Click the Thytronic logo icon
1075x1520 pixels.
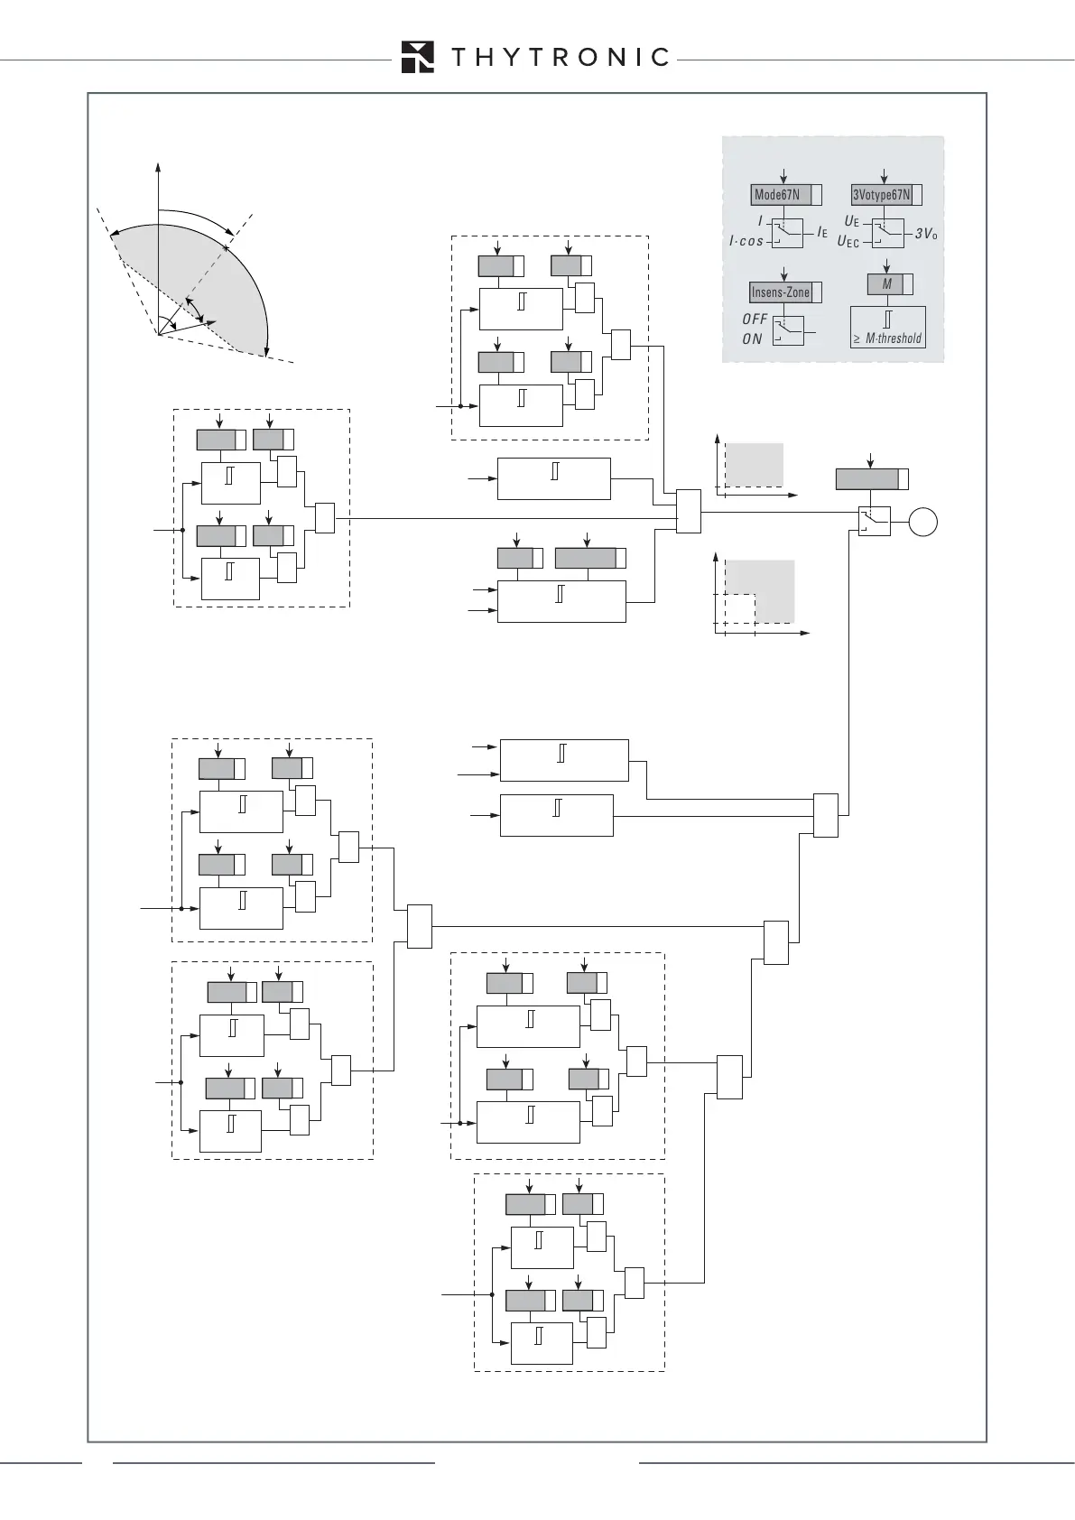(417, 57)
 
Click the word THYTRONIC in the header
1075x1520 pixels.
(560, 58)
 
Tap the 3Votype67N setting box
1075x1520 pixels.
(882, 195)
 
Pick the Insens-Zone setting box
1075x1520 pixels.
(782, 292)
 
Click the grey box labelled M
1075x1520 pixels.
(886, 284)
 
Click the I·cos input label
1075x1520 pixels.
(746, 242)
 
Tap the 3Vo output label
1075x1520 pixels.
(926, 234)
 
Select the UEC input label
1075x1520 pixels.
(848, 242)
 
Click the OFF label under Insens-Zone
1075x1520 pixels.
(755, 320)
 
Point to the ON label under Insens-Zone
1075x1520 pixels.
(752, 339)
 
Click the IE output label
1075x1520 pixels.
(822, 233)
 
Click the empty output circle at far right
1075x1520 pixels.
(923, 522)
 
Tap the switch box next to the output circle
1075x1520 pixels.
(874, 522)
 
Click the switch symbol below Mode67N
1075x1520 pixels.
(787, 233)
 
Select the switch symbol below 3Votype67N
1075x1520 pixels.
(887, 233)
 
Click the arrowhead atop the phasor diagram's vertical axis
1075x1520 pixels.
(158, 167)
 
